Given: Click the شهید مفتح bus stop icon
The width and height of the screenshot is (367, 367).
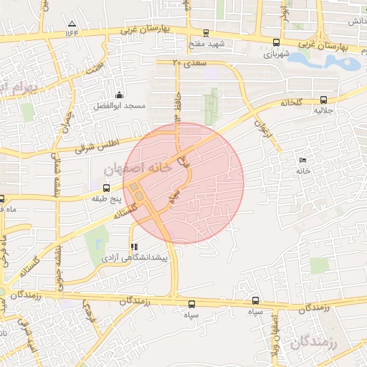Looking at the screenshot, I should coord(206,32).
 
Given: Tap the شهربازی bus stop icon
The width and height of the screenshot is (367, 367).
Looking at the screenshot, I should coord(277,42).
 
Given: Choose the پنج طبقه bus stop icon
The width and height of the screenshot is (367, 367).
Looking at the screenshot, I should coord(106,188).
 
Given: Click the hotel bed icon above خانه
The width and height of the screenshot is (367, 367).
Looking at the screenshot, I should coord(302,160).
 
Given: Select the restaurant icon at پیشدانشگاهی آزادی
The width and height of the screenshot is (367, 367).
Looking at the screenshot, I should coord(134,245).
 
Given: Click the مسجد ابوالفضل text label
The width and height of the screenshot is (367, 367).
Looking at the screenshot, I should coord(119,106).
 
